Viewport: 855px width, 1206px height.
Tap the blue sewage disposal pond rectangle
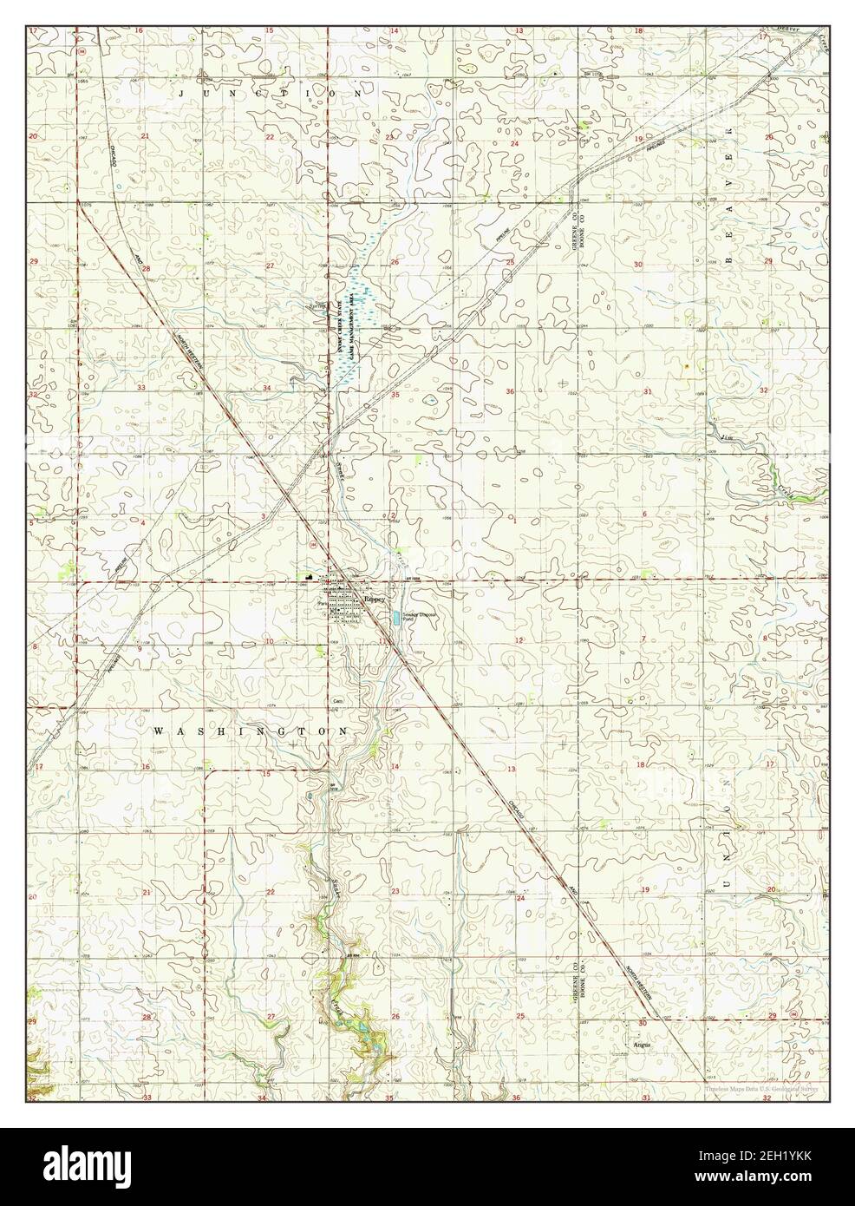[396, 618]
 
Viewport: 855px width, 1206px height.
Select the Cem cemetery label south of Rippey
[338, 700]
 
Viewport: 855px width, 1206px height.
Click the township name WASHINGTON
[251, 731]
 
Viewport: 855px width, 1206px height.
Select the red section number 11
[382, 640]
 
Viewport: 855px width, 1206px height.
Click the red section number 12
[519, 639]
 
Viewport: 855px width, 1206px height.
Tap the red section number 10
[270, 641]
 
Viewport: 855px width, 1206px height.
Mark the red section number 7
[643, 639]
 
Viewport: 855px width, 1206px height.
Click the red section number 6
[644, 515]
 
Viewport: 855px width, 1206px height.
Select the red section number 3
[264, 516]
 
